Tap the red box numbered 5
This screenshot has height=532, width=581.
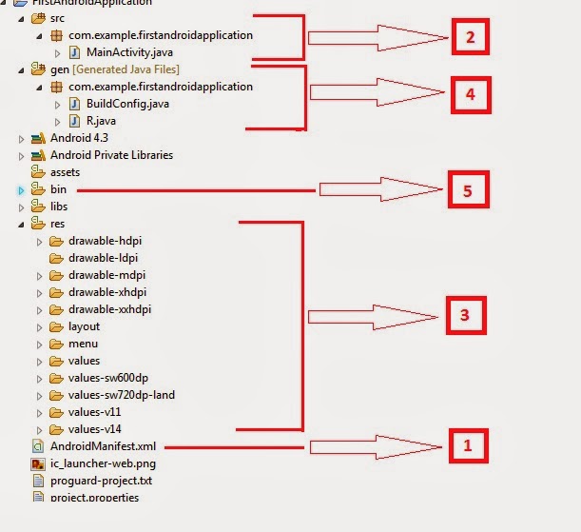(467, 190)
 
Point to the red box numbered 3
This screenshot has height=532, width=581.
(465, 314)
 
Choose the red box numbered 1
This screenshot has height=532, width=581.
(466, 443)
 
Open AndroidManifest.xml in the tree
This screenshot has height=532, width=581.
(104, 446)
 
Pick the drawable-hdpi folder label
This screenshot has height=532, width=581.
(105, 241)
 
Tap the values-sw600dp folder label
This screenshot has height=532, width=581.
(108, 378)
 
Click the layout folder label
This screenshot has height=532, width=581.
(84, 326)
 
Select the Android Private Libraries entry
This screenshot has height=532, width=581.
(111, 155)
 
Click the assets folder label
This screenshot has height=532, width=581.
(65, 172)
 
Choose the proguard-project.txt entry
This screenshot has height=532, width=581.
(101, 481)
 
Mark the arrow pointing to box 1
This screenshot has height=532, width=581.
(376, 445)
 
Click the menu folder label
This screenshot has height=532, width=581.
(83, 344)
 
